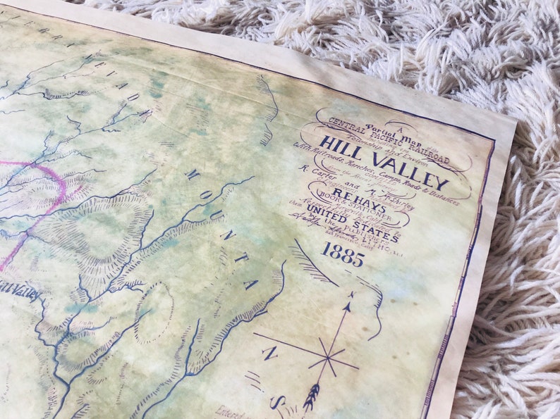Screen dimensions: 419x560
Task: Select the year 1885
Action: click(343, 254)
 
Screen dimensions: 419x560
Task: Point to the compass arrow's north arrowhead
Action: click(351, 295)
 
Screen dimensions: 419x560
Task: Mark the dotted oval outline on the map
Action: click(154, 313)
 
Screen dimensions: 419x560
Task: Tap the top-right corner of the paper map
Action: click(514, 121)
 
